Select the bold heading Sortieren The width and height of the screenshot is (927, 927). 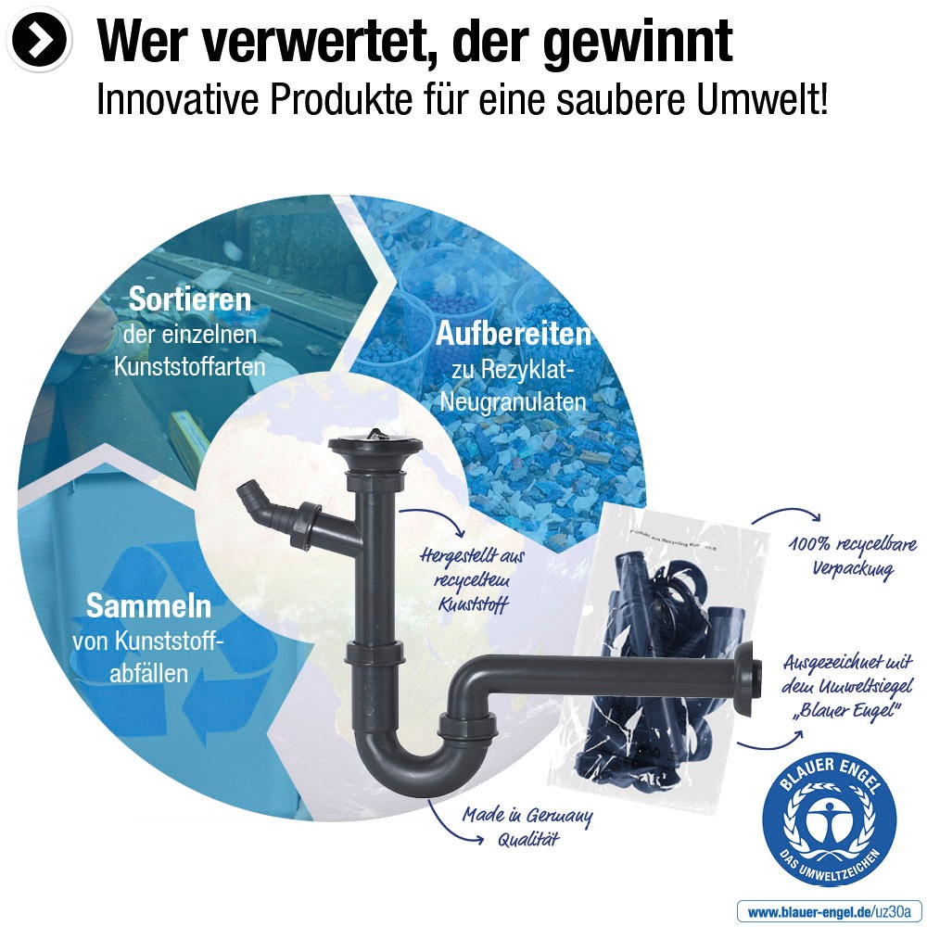pos(189,299)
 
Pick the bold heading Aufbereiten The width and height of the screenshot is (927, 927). pos(513,333)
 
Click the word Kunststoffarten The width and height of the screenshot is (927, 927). pos(189,366)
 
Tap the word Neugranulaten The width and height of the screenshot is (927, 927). pos(513,401)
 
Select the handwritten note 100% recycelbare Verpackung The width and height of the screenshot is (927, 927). pos(852,555)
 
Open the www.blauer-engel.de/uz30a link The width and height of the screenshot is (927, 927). pos(830,911)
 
